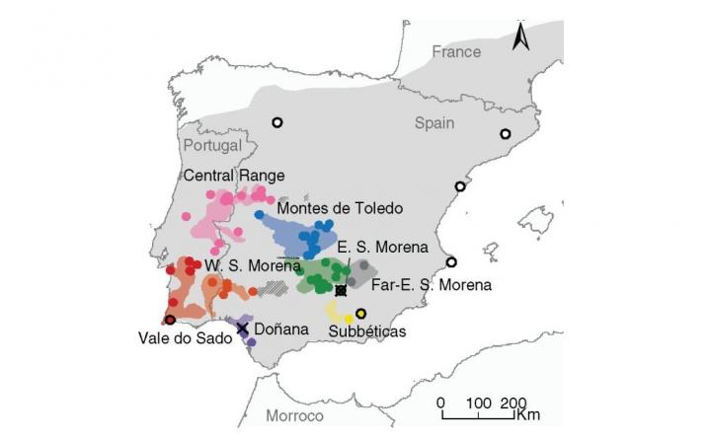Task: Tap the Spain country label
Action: (434, 123)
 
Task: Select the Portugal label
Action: (212, 145)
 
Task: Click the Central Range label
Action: (235, 175)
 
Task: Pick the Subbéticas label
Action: (367, 331)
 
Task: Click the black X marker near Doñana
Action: (242, 328)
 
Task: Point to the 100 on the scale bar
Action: (478, 403)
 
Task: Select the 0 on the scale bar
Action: (440, 403)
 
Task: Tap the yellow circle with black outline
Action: (360, 314)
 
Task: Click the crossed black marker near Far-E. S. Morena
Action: (342, 290)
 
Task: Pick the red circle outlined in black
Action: (170, 320)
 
